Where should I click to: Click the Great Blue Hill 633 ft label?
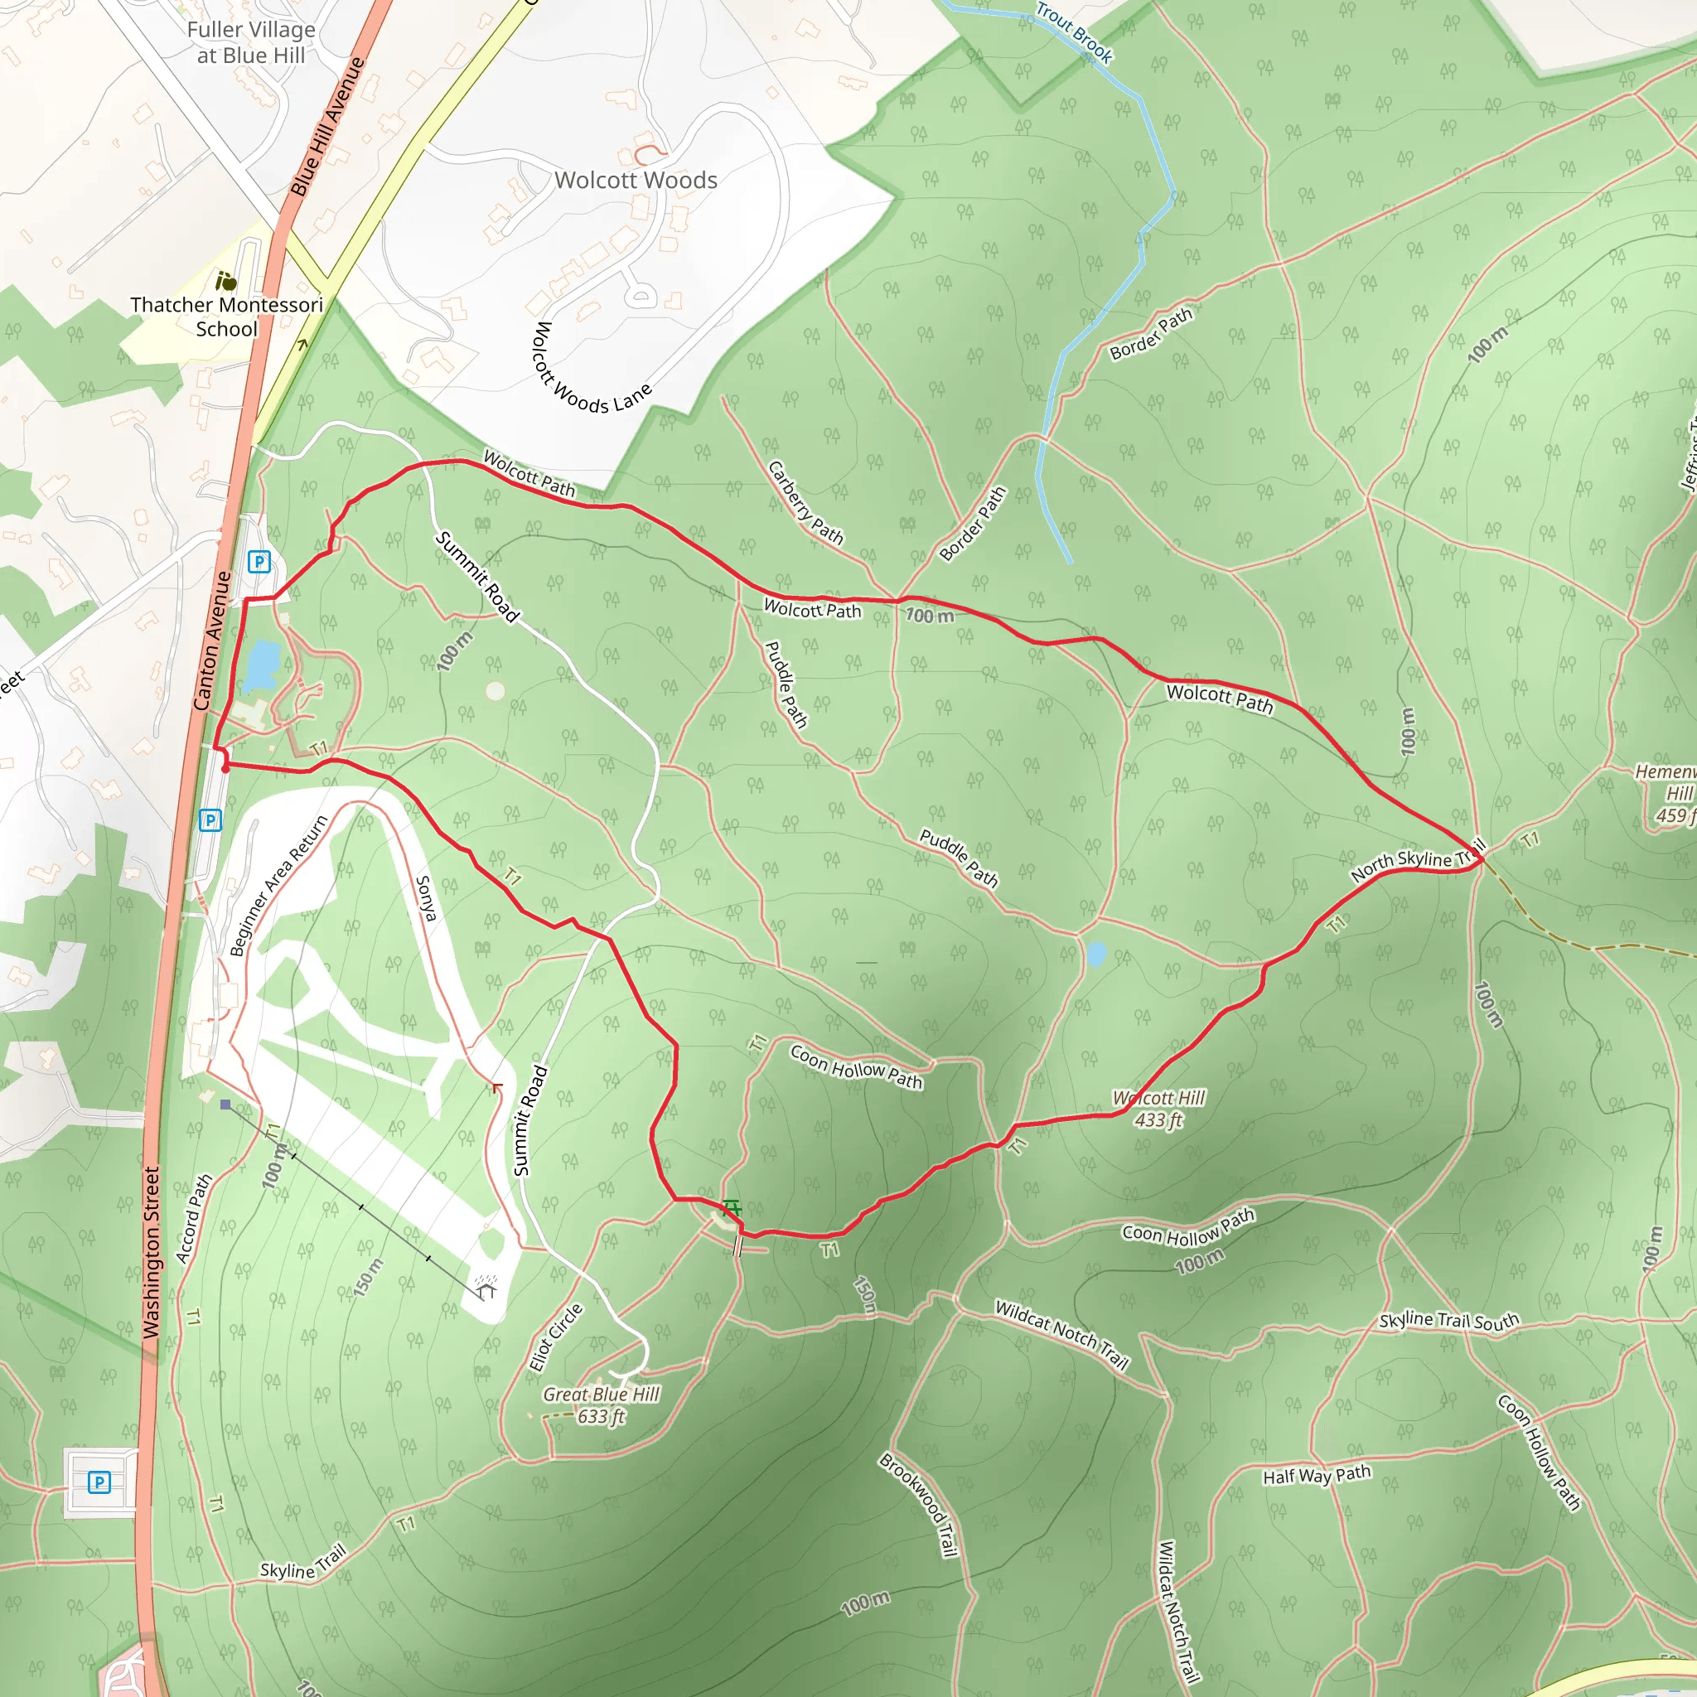click(x=601, y=1405)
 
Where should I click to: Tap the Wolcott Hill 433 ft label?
click(x=1158, y=1110)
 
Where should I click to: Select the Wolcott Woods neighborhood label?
click(x=636, y=180)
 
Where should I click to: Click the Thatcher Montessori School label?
click(x=226, y=317)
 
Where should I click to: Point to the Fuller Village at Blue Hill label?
click(x=250, y=42)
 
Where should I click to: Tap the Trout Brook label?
click(x=1074, y=32)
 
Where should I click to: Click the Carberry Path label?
click(x=805, y=503)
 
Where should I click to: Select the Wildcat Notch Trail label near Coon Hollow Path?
click(x=1061, y=1334)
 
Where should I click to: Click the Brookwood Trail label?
click(x=917, y=1506)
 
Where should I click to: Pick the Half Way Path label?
click(x=1317, y=1475)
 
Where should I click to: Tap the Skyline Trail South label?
click(x=1448, y=1321)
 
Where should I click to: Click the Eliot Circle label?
click(x=555, y=1337)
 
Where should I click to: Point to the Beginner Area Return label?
click(x=278, y=886)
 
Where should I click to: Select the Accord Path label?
click(x=194, y=1219)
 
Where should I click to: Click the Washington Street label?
click(x=152, y=1253)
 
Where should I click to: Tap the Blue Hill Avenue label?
click(x=326, y=127)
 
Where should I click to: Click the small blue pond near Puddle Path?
click(x=1095, y=954)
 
